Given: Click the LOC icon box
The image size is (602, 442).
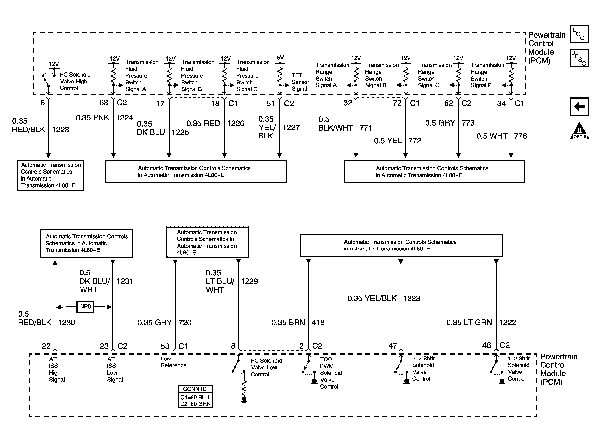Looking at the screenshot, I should pos(579,34).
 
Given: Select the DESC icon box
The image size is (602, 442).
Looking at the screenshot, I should pos(579,58).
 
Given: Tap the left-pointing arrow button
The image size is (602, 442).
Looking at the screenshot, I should pos(579,107).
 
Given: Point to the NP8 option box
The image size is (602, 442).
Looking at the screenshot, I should pos(85,307).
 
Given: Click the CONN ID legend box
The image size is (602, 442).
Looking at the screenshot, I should pos(195,396).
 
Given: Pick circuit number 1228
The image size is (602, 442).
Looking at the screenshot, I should pos(60,130).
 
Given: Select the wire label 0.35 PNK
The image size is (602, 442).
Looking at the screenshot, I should pos(92,118).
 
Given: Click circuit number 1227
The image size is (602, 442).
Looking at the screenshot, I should pos(291,128).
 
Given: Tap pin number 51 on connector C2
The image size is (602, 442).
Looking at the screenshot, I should pos(271,104).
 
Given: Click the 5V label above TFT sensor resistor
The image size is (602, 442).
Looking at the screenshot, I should pos(280,58).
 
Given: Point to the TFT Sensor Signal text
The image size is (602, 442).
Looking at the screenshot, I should pos(300,82).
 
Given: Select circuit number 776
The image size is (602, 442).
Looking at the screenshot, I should pos(520,136).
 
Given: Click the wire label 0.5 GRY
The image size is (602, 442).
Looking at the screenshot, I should pos(440,123).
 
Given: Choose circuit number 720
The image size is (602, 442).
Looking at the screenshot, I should pos(185,322).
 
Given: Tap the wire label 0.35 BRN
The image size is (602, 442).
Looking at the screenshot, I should pos(288,322).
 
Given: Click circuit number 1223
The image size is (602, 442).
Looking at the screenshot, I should pos(411,298).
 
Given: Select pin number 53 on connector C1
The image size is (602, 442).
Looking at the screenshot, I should pos(165,346).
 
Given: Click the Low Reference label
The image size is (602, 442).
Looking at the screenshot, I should pos(173,362).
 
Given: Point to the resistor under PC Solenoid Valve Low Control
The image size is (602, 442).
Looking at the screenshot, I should pos(244,388).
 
